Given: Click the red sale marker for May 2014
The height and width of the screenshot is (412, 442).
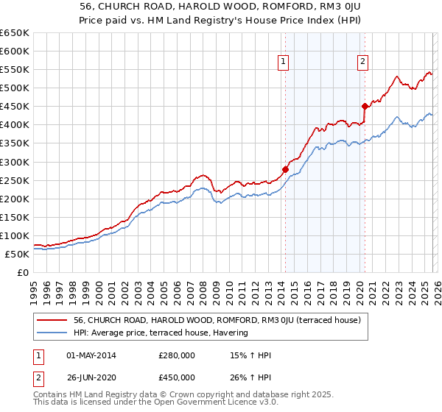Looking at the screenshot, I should point(285,169).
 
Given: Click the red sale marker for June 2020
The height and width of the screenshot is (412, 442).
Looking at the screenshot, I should point(364,106).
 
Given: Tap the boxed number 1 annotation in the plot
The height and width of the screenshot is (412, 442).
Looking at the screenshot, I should point(284,63).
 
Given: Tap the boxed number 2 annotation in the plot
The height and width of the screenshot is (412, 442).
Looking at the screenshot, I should point(363,63).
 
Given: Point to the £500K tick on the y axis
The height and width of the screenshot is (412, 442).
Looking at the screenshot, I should point(14,88).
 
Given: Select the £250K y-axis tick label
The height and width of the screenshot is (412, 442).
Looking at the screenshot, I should point(14,180).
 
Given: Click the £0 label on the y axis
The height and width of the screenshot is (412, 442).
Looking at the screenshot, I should point(22,272).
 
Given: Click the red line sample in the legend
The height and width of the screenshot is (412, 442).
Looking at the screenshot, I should point(52,321).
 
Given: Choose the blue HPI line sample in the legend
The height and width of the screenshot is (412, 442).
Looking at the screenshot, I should point(52,333).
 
